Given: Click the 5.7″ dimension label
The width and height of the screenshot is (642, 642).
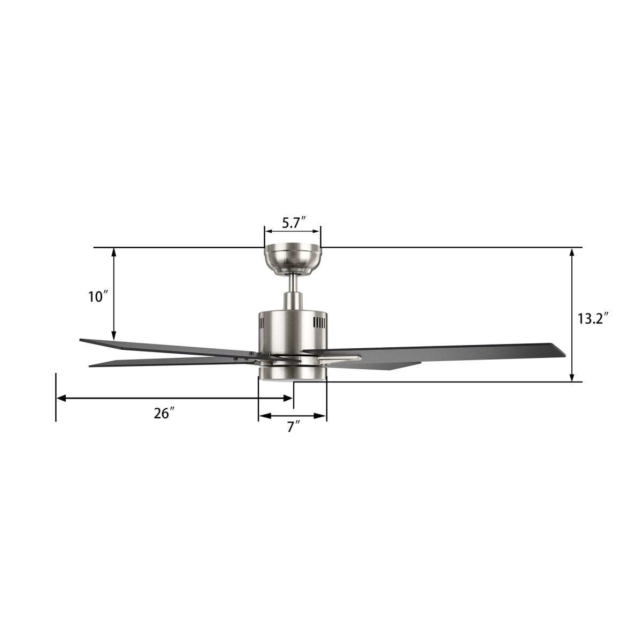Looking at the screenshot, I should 293,224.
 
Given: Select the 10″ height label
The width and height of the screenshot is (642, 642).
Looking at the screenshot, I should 99,296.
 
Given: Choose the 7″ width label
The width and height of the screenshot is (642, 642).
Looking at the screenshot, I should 292,427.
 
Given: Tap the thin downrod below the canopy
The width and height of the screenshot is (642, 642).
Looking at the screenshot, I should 293,284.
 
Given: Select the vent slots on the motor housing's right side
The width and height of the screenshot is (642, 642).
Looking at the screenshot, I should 319,323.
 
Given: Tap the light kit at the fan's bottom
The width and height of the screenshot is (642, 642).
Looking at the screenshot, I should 292,373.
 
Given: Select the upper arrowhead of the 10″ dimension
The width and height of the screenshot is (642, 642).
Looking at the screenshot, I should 114,253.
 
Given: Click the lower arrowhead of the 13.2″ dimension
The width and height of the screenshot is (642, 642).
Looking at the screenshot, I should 572,377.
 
